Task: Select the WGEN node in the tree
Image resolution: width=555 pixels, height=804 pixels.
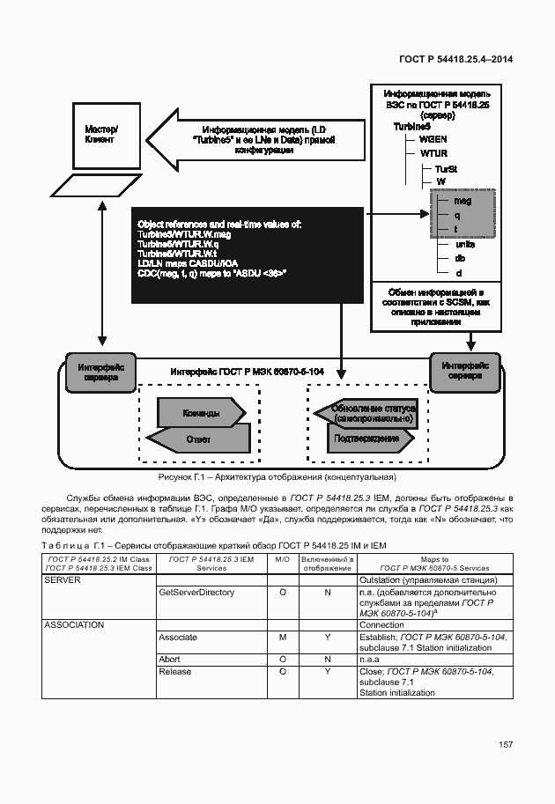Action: click(433, 139)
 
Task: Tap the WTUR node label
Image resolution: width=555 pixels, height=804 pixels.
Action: click(433, 152)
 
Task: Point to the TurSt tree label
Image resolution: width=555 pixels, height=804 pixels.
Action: click(446, 168)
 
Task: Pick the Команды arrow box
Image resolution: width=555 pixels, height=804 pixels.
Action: click(202, 412)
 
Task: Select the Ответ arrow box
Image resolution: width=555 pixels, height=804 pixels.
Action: click(196, 438)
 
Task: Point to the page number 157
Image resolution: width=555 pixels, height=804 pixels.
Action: click(506, 745)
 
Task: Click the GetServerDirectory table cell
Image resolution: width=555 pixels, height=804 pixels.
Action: click(196, 593)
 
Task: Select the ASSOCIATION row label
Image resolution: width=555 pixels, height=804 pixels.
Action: click(74, 625)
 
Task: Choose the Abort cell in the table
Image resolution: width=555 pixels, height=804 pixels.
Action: click(169, 659)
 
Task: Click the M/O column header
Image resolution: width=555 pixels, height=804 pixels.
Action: click(282, 559)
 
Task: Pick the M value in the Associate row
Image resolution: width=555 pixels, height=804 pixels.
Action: click(282, 637)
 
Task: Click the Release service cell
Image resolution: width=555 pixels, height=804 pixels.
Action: click(175, 672)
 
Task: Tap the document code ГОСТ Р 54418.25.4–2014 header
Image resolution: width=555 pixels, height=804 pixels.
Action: click(455, 59)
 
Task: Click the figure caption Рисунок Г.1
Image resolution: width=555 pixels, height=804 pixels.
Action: click(277, 477)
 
